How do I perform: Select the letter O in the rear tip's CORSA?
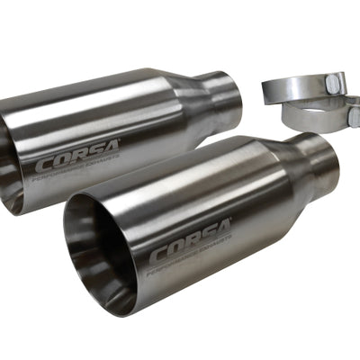tap(55, 166)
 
